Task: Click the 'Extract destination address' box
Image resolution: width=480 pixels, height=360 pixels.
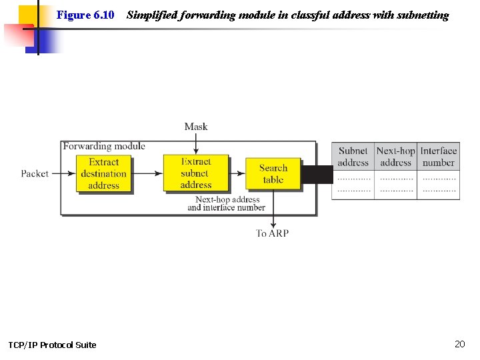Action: coord(103,173)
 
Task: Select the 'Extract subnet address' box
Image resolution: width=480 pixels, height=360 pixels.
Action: coord(195,173)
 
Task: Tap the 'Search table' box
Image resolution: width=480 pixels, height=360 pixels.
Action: coord(273,174)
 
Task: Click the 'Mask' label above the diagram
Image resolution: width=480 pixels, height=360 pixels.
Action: coord(196,127)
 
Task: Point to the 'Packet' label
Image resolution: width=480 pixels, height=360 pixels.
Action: coord(35,173)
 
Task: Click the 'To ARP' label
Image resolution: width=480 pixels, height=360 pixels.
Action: coord(272,233)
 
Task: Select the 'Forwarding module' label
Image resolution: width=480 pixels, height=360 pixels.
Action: coord(104,146)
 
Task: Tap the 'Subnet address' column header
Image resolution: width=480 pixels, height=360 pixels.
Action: coord(353,157)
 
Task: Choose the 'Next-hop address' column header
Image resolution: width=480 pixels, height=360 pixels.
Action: coord(395,157)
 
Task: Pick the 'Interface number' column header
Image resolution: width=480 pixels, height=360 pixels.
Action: coord(438,157)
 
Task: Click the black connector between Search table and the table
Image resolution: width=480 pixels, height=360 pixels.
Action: coord(317,175)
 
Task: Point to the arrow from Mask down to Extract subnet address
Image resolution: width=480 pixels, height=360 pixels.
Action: coord(196,143)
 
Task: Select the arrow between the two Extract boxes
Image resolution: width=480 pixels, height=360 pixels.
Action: coord(147,173)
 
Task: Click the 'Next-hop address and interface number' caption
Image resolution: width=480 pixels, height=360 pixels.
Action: coord(227,203)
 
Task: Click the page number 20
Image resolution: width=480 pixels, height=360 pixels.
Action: coord(459,344)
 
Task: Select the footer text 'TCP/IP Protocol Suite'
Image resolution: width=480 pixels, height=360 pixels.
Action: coord(52,345)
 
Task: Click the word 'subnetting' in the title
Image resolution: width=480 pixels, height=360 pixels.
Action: coord(422,15)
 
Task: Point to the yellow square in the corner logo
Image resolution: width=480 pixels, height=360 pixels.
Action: coord(28,15)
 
